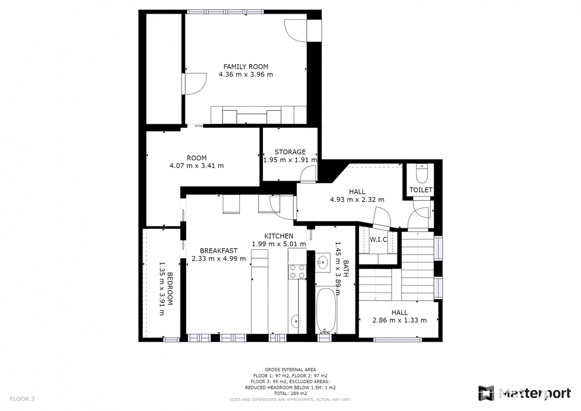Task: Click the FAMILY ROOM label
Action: [x=246, y=67]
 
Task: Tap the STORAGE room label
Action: [x=290, y=152]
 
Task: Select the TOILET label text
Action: [x=421, y=190]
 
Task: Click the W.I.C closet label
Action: [x=378, y=240]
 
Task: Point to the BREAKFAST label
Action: [x=218, y=251]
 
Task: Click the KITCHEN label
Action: [x=279, y=236]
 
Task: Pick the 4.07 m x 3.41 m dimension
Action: [x=197, y=166]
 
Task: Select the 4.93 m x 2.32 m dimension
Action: [x=357, y=200]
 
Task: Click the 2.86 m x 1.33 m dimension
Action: [x=399, y=320]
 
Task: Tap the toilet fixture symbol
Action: [x=422, y=174]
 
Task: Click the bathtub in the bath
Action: [x=326, y=311]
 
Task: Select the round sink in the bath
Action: [x=323, y=263]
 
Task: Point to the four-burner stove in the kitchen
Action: [x=297, y=271]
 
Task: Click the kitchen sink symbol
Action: [x=296, y=321]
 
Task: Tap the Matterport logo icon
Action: [x=486, y=393]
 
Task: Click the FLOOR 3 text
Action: [x=22, y=399]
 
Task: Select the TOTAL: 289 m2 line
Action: [x=290, y=393]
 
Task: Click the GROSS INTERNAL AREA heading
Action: [x=290, y=370]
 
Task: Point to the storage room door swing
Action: [x=308, y=174]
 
